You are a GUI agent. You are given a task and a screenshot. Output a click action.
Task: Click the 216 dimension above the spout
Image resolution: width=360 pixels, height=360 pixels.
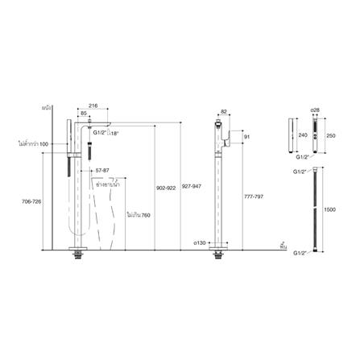(x=114, y=106)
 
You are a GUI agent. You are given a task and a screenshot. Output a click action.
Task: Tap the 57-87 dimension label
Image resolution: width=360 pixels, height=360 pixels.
(x=102, y=172)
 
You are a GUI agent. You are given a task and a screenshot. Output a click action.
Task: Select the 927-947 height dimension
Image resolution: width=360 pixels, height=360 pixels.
(x=192, y=188)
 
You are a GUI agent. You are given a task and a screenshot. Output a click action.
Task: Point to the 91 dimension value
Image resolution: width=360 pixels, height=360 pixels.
(x=248, y=137)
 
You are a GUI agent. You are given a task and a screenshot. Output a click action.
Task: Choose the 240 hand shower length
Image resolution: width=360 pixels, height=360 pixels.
(x=303, y=136)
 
